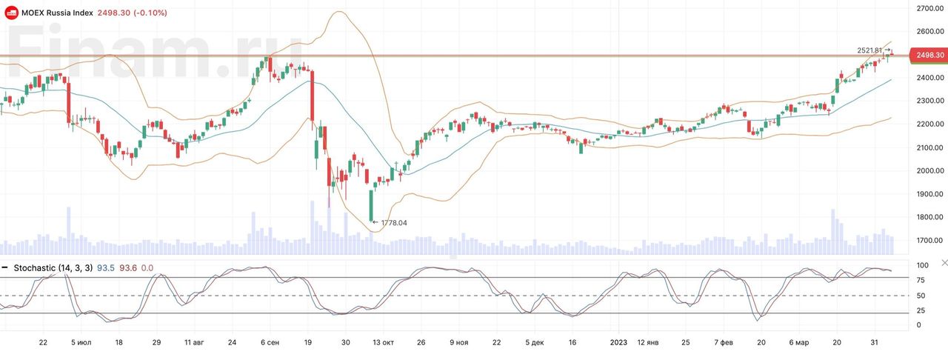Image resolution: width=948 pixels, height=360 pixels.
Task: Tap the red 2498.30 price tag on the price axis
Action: (929, 55)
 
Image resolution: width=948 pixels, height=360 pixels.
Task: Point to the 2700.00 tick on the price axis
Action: (929, 8)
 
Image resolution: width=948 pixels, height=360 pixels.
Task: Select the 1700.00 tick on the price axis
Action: (929, 241)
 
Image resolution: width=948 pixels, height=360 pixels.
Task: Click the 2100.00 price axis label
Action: (929, 147)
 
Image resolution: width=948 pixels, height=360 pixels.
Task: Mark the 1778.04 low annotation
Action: (393, 222)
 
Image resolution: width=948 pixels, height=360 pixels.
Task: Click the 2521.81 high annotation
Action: (869, 50)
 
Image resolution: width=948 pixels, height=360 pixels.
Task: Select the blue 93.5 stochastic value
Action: (107, 267)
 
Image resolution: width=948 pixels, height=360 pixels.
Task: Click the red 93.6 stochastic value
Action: (129, 267)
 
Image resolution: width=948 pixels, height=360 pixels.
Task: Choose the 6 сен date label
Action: (270, 343)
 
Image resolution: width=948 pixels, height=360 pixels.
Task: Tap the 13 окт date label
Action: (383, 343)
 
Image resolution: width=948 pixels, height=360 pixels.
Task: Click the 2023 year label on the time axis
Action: (618, 343)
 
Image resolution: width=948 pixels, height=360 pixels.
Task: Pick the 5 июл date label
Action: (81, 343)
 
